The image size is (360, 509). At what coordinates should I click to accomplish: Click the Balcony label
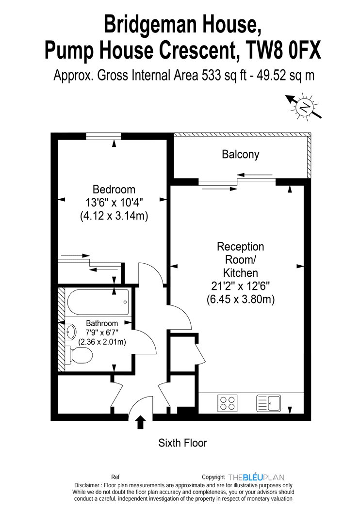click(241, 154)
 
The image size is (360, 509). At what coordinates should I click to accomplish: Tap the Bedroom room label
click(114, 189)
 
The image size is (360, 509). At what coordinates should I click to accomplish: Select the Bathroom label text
click(102, 323)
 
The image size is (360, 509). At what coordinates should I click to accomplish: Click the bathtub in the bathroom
click(98, 302)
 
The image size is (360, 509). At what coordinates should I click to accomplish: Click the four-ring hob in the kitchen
click(227, 403)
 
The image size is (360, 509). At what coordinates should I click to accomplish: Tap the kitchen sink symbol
click(269, 403)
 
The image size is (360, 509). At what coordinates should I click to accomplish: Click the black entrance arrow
click(140, 422)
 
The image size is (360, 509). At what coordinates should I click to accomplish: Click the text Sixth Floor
click(182, 443)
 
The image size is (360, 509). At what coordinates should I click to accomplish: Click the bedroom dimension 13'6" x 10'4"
click(114, 203)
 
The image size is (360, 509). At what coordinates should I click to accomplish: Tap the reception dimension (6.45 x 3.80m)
click(241, 299)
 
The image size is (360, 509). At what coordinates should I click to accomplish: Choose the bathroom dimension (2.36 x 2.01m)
click(102, 341)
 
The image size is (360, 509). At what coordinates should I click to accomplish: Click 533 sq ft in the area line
click(224, 75)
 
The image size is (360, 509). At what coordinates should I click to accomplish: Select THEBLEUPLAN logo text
click(256, 477)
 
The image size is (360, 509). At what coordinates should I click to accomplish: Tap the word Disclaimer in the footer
click(87, 485)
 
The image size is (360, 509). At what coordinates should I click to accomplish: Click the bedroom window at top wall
click(104, 136)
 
